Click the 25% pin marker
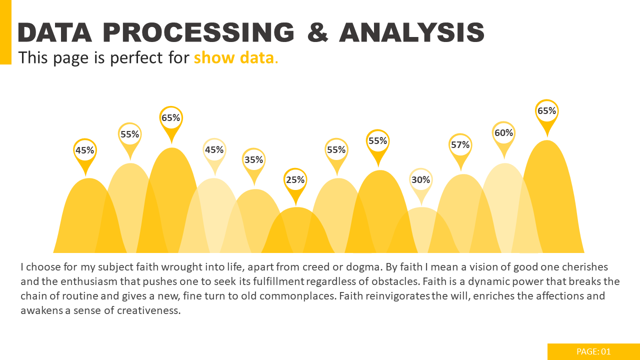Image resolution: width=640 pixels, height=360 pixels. (x=295, y=180)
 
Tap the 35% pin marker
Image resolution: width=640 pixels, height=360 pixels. (x=254, y=160)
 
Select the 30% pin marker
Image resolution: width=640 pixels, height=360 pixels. (x=421, y=180)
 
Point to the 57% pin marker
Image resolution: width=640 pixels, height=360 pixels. (x=460, y=145)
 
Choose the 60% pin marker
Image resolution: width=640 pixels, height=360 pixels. (x=503, y=133)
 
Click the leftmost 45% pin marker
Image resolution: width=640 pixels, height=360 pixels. (x=85, y=150)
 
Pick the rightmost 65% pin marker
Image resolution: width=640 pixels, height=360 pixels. (x=546, y=111)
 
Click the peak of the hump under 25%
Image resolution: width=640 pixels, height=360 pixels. (x=296, y=208)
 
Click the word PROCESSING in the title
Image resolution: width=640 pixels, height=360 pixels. (x=198, y=33)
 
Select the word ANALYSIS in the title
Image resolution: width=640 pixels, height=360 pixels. (x=411, y=33)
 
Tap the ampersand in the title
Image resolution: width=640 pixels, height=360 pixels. (x=317, y=33)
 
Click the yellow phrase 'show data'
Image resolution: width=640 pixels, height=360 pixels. (x=234, y=58)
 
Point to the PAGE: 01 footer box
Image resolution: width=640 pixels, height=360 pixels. (x=593, y=351)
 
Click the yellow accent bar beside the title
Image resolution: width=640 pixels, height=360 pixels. (x=5, y=32)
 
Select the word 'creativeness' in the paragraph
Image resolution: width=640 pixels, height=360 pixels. (x=148, y=310)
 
